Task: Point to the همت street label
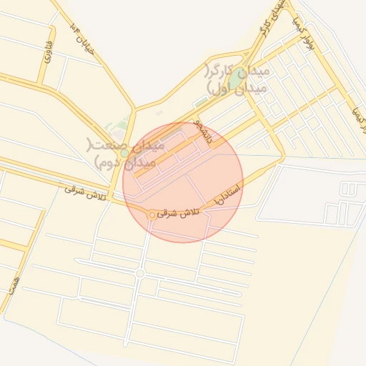pyautogui.click(x=12, y=280)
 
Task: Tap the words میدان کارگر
pyautogui.click(x=237, y=72)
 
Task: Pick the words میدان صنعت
pyautogui.click(x=126, y=145)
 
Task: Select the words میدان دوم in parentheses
pyautogui.click(x=123, y=162)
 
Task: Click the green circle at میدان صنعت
pyautogui.click(x=125, y=152)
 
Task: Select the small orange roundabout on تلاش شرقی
pyautogui.click(x=152, y=215)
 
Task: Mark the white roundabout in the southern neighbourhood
pyautogui.click(x=140, y=273)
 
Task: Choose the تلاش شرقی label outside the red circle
pyautogui.click(x=84, y=192)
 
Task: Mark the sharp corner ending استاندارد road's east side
pyautogui.click(x=284, y=158)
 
